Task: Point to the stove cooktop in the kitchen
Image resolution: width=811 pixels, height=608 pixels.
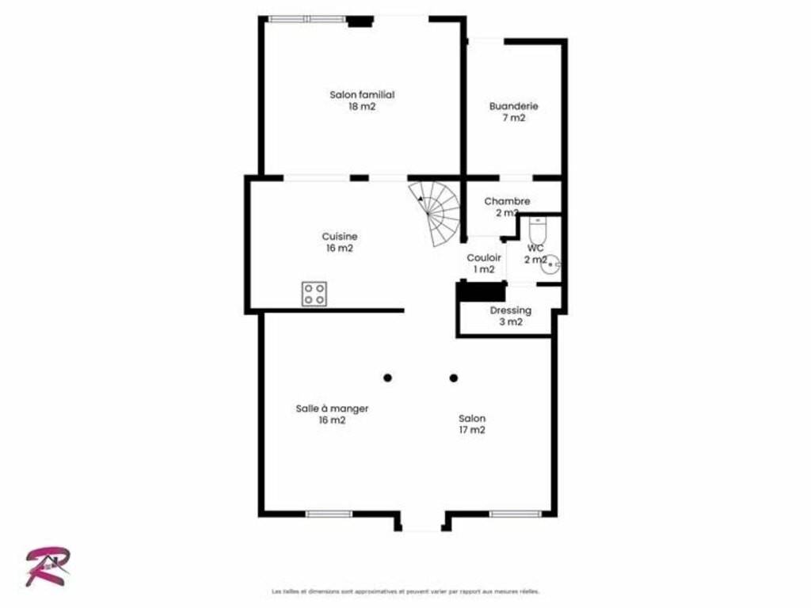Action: (x=314, y=294)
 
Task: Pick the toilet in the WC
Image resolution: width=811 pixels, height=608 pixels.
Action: (x=538, y=230)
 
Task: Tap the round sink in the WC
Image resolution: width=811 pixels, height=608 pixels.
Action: (x=552, y=263)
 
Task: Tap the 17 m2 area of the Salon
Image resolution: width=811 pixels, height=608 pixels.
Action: (x=472, y=430)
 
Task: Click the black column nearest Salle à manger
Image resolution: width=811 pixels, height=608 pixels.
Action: (x=387, y=378)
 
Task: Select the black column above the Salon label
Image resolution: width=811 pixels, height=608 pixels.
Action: (x=454, y=378)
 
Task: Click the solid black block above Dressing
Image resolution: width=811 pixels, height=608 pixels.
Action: (x=481, y=291)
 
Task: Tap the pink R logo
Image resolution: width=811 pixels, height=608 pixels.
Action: (x=48, y=567)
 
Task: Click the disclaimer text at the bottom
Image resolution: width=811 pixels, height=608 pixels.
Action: (x=405, y=591)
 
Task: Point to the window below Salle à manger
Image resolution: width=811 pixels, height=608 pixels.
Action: (x=329, y=514)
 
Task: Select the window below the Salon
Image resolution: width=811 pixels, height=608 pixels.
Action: (x=515, y=514)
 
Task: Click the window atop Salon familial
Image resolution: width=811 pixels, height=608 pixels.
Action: (x=307, y=19)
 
